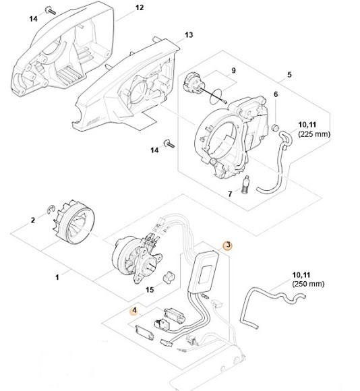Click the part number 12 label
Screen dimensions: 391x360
click(140, 8)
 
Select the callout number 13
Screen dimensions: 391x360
click(189, 34)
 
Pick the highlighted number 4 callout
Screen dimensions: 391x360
click(134, 310)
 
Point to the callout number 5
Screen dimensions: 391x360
click(275, 94)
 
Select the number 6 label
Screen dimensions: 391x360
click(230, 194)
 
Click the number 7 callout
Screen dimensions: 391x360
click(230, 194)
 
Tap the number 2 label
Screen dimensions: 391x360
click(32, 220)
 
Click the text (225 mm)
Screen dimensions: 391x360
click(313, 133)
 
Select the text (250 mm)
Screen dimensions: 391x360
click(307, 285)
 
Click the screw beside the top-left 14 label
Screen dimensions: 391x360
click(49, 9)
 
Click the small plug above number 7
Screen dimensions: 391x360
click(247, 182)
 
